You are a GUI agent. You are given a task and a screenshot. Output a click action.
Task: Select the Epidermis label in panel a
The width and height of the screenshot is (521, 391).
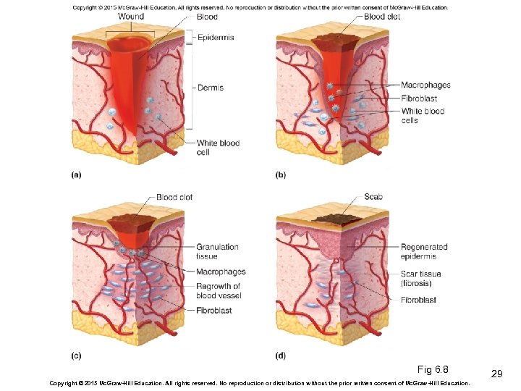click(216, 37)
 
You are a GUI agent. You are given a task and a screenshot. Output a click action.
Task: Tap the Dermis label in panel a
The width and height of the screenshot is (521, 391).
click(210, 88)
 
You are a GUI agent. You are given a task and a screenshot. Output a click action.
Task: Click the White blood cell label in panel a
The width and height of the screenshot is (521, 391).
click(218, 148)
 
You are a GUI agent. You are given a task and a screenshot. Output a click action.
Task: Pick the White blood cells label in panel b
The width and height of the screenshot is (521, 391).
click(423, 116)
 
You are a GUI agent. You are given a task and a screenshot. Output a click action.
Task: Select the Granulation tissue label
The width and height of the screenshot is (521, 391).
click(217, 251)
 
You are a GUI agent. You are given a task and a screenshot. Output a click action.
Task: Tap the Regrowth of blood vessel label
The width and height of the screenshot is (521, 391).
click(218, 291)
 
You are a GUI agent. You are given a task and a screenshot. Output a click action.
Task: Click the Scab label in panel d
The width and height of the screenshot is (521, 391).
click(373, 196)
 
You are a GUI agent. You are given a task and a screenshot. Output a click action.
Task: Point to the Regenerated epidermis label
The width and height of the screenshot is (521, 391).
click(424, 251)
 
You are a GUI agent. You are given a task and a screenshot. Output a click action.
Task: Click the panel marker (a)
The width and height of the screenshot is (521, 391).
click(75, 175)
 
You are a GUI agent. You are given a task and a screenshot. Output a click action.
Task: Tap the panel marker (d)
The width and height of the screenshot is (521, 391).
click(280, 356)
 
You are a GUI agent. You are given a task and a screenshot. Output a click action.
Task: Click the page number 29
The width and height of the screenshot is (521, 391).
click(496, 374)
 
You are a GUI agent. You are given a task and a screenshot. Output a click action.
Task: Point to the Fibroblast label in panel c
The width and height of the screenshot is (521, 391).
click(214, 311)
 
